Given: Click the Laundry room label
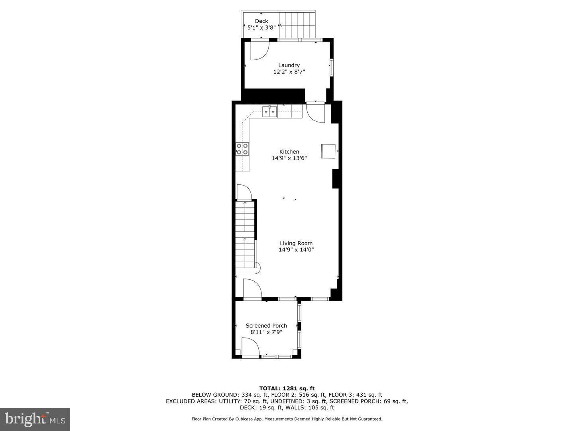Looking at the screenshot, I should click(289, 65).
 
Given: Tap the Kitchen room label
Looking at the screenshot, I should click(289, 152).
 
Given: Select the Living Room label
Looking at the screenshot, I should click(296, 243).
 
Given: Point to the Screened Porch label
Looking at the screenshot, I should click(266, 326).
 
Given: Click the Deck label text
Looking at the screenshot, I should click(261, 21).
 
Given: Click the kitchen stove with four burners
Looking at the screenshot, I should click(242, 149).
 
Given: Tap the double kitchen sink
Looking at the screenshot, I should click(270, 112).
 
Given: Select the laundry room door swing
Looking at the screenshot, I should click(259, 50).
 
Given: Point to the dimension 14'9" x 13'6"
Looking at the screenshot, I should click(289, 158).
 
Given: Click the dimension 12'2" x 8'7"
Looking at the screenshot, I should click(289, 72).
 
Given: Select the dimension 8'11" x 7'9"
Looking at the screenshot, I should click(266, 332).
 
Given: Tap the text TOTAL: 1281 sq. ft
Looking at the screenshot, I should click(287, 388).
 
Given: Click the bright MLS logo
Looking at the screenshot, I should click(35, 419).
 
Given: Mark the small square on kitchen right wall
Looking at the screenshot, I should click(328, 151).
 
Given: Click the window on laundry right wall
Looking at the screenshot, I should click(331, 67).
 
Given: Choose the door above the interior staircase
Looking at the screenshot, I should click(244, 192).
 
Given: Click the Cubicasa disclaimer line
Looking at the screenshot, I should click(287, 419).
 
